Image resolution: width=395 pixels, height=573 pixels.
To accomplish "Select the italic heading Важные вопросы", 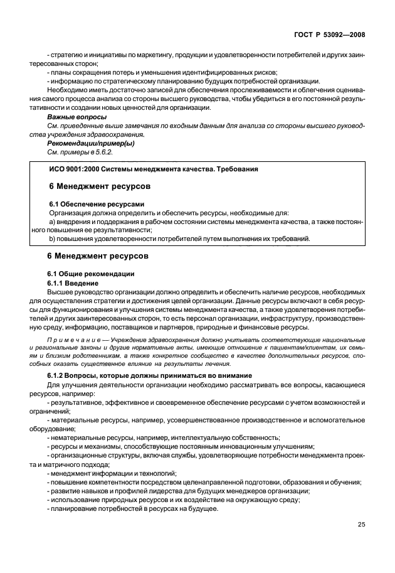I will pyautogui.click(x=77, y=117).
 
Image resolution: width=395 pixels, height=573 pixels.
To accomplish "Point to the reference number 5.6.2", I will pyautogui.click(x=103, y=153).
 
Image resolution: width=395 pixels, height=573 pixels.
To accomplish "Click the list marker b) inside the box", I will pyautogui.click(x=52, y=239).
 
